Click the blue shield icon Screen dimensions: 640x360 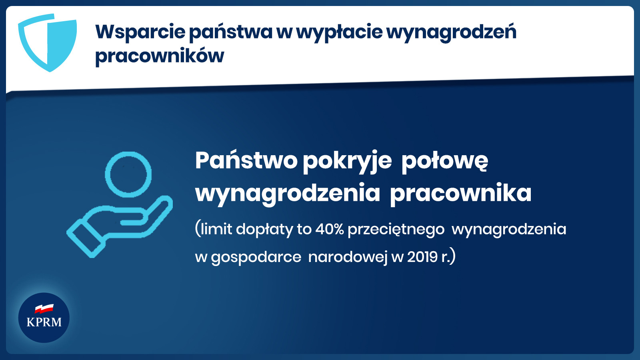pos(48,43)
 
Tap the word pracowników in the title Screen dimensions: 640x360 pos(160,55)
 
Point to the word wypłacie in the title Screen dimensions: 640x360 pos(339,32)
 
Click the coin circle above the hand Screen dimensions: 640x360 pos(128,174)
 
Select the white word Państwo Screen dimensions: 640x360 pos(246,160)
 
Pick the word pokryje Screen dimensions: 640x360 pos(347,162)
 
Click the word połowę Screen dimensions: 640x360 pos(444,162)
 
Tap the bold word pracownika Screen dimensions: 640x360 pos(460,194)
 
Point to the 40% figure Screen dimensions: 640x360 pos(330,229)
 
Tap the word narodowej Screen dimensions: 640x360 pos(348,257)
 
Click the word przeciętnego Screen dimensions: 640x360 pos(396,230)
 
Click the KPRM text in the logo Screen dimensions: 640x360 pos(44,322)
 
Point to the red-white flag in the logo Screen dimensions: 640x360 pos(44,308)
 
